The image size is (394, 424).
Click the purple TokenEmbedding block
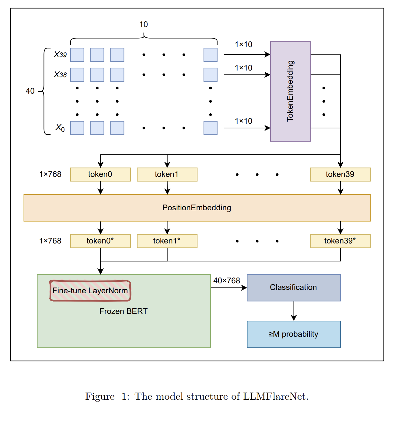290,91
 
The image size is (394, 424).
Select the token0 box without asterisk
100,174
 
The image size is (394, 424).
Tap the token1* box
167,241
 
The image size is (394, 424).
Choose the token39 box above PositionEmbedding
340,174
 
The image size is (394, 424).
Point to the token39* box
340,241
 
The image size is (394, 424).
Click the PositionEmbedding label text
197,208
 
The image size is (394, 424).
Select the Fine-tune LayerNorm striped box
90,291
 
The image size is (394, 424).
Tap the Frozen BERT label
123,311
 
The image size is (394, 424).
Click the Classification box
294,288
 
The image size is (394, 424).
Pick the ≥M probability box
294,334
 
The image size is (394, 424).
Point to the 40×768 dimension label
227,281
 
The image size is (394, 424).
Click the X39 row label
60,55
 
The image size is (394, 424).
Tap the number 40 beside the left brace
30,91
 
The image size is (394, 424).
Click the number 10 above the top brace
144,24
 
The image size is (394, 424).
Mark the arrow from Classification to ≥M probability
294,311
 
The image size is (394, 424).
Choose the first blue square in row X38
77,75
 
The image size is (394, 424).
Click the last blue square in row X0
211,128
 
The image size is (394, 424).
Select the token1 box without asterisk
167,174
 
